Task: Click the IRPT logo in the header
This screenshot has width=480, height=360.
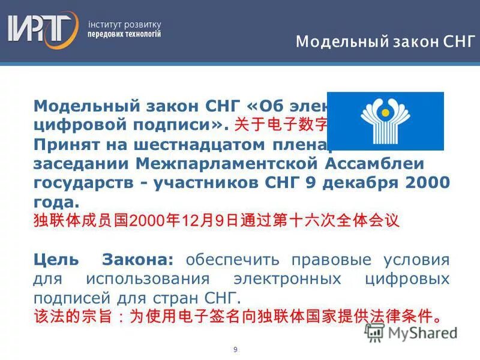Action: point(42,29)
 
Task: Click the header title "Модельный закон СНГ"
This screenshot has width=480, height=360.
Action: point(385,42)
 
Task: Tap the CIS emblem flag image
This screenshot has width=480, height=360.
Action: point(385,121)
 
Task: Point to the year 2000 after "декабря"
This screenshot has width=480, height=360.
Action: point(428,183)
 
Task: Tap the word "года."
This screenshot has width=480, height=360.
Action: point(56,202)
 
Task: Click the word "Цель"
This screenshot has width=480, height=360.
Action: point(56,260)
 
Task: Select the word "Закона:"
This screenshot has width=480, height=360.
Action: point(138,260)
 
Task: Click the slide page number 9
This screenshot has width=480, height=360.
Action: point(235,349)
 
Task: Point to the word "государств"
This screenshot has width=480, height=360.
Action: point(86,183)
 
